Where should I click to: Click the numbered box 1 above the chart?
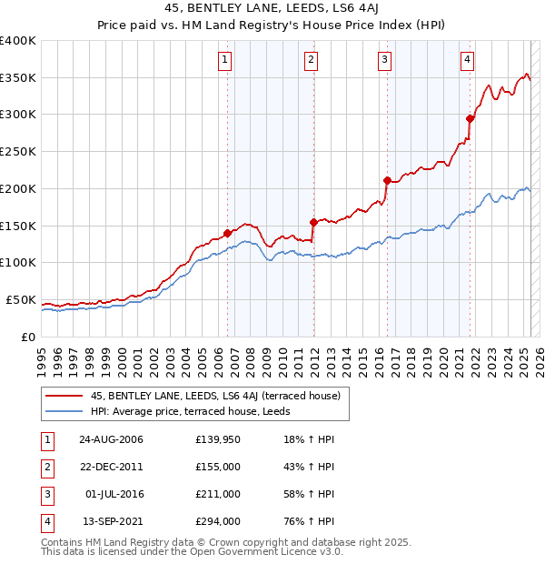pos(224,61)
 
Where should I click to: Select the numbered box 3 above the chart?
pos(385,61)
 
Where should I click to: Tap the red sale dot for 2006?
pos(228,233)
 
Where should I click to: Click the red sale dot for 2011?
pos(313,221)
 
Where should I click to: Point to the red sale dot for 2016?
pos(387,180)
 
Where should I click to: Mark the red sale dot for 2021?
pos(471,118)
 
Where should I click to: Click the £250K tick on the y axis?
pos(19,152)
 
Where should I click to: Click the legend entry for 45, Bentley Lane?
pos(215,396)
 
